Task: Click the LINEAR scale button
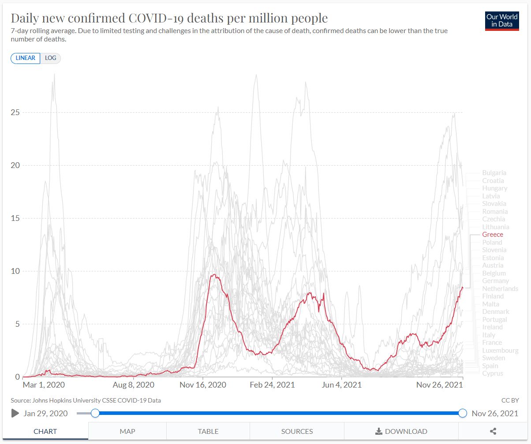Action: (x=26, y=58)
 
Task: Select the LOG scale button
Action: (x=50, y=58)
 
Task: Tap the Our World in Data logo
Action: (x=501, y=20)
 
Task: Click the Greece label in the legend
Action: (x=492, y=235)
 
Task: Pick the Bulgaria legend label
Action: (x=494, y=173)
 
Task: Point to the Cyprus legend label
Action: (x=493, y=373)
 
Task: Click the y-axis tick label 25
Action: (x=15, y=112)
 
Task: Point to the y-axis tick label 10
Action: (x=15, y=271)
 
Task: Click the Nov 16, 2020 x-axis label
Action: (x=203, y=385)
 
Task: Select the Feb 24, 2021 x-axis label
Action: (x=273, y=385)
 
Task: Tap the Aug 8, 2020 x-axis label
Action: (x=134, y=385)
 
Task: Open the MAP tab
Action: (x=127, y=431)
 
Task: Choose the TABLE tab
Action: (x=208, y=431)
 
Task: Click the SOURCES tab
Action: (x=297, y=431)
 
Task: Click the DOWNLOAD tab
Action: (x=401, y=431)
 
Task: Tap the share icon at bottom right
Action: (x=494, y=431)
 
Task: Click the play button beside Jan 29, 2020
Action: (x=15, y=413)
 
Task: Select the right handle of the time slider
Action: (x=463, y=413)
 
